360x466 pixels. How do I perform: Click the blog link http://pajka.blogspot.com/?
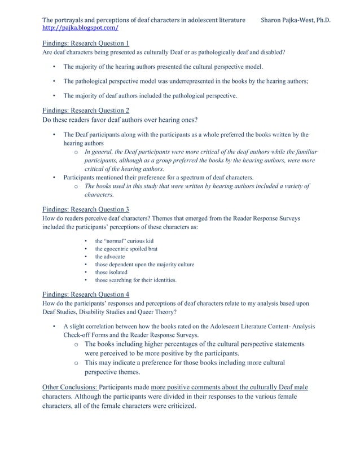81,27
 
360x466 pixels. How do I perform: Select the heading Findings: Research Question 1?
86,44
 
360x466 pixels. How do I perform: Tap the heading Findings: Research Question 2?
86,111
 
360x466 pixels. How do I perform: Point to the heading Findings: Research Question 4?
86,294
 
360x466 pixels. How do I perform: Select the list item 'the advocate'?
110,257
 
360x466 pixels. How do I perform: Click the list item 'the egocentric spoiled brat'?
126,249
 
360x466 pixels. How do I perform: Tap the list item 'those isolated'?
111,272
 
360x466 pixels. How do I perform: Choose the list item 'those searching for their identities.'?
135,280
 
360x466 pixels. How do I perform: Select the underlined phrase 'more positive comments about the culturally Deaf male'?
229,387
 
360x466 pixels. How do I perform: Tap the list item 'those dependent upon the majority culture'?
144,264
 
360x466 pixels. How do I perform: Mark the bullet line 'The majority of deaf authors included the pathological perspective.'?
150,96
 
